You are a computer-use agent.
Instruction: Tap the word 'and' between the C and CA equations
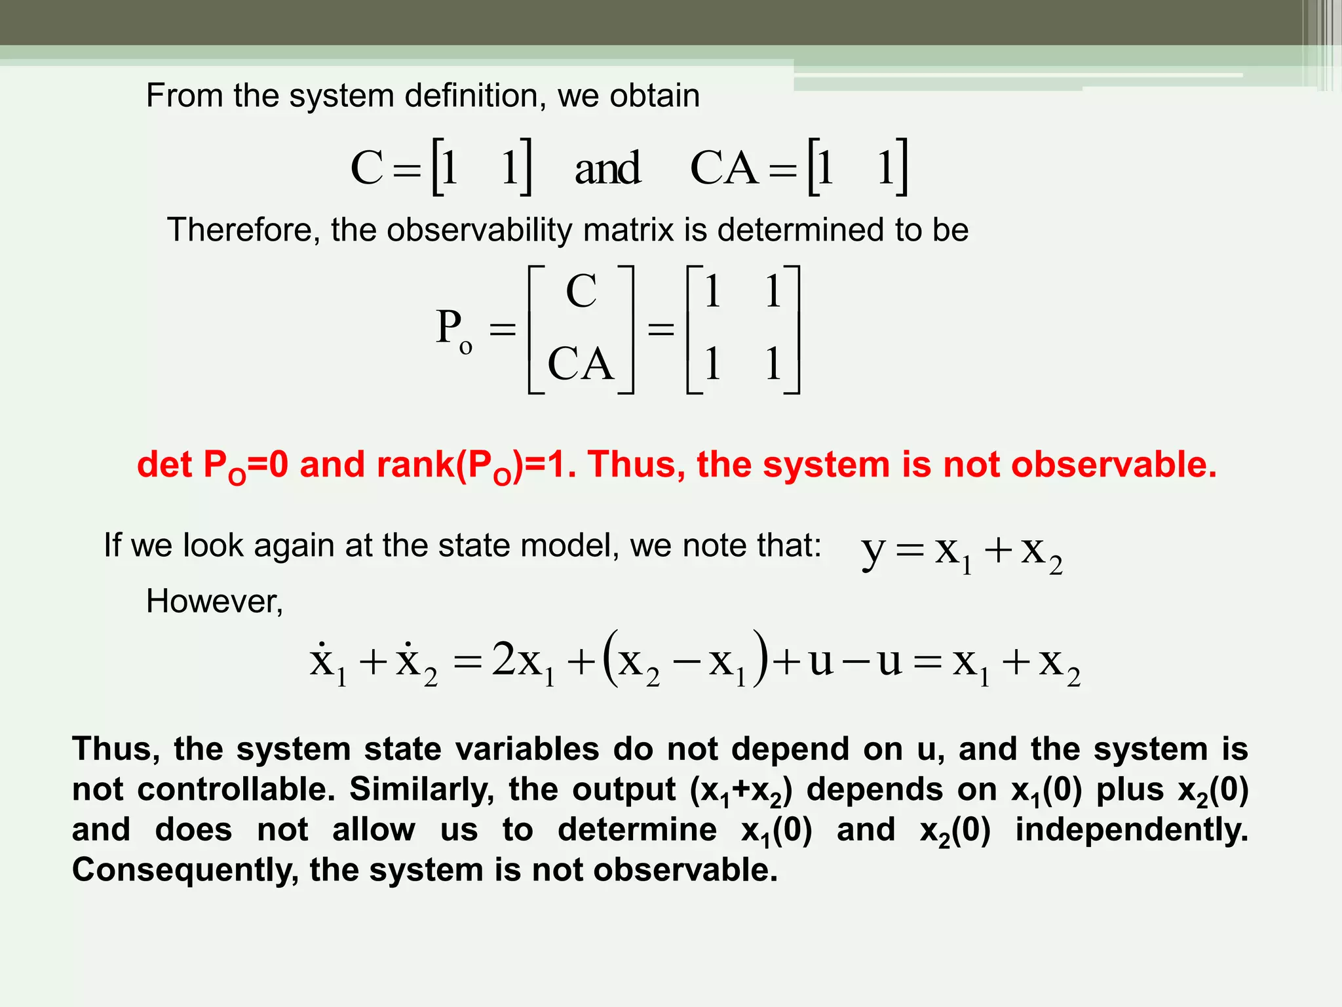[607, 168]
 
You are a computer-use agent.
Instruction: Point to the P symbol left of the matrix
[450, 326]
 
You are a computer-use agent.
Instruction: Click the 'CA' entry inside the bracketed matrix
[581, 364]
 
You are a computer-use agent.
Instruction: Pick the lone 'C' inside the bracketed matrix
[581, 291]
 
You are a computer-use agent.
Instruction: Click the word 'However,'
[214, 601]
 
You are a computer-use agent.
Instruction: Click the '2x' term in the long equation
[516, 660]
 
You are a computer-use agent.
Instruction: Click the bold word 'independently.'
[1132, 830]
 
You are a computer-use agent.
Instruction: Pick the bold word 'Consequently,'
[184, 871]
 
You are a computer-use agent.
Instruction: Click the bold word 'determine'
[637, 830]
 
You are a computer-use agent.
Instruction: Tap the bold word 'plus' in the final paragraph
[1130, 789]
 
